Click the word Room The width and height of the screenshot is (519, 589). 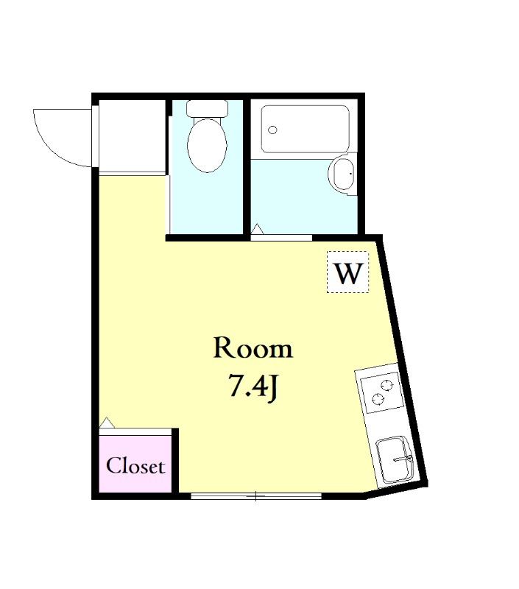coord(253,348)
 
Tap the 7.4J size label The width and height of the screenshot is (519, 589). coord(253,387)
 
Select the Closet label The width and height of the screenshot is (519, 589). coord(135,466)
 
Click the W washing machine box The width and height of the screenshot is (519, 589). coord(347,272)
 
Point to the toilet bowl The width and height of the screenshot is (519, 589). coord(207,144)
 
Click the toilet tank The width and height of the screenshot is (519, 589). coord(208,108)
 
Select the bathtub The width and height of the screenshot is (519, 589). coord(305,130)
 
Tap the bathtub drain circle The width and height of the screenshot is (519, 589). coord(272,130)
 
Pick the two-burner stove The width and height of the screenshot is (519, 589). coord(381,392)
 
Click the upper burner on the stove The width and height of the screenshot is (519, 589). coord(386,385)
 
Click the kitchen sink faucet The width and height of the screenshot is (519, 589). coord(403,459)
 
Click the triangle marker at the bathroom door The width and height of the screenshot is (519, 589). coord(257,228)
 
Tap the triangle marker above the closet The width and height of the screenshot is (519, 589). coord(107,422)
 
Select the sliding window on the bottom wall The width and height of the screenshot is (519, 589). coord(256,496)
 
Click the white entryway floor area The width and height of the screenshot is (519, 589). coord(133,137)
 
